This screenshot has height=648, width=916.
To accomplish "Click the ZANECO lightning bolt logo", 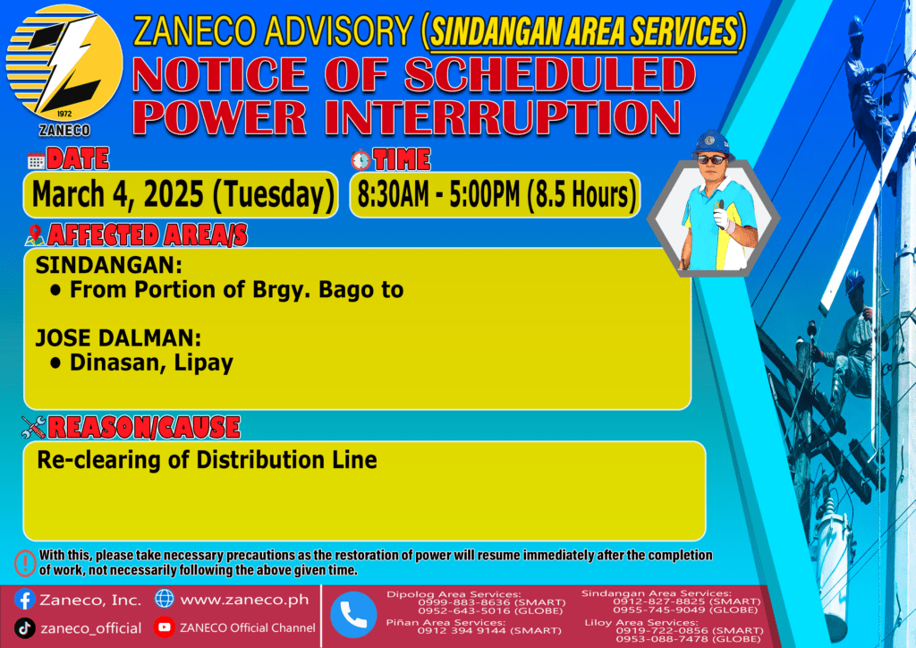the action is click(x=64, y=64).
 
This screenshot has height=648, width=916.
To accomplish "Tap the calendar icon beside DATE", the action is click(x=36, y=160).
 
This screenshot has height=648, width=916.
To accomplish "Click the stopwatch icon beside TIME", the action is click(x=361, y=159).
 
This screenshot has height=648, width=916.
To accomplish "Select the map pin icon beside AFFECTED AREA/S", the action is click(x=35, y=234).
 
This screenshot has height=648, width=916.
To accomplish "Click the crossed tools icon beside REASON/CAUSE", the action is click(x=33, y=427).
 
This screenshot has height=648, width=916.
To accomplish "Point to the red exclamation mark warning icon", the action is click(x=25, y=563).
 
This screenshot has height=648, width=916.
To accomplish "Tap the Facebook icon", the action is click(x=24, y=600).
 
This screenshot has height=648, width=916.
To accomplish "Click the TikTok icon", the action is click(x=24, y=628).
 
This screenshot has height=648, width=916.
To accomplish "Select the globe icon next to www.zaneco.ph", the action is click(x=165, y=599).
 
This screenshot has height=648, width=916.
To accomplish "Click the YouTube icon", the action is click(x=165, y=627).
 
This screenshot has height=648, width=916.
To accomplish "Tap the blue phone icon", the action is click(x=353, y=615).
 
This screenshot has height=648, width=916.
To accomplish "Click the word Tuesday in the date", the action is click(x=274, y=194).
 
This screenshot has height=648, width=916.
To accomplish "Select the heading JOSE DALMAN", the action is click(x=118, y=338).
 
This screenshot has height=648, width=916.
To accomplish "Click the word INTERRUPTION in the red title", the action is click(x=502, y=117).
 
